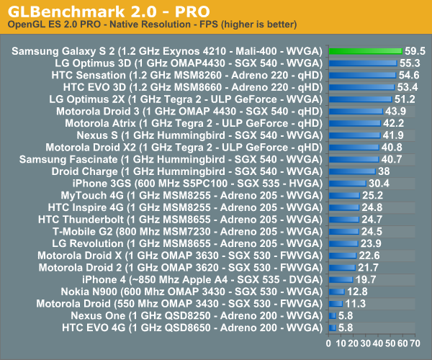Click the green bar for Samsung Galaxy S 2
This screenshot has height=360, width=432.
(365, 51)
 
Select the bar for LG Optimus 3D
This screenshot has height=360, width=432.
(363, 63)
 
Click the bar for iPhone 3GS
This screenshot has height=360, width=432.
(348, 183)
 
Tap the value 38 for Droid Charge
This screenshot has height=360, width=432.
(384, 171)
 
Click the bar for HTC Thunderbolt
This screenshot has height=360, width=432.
(344, 219)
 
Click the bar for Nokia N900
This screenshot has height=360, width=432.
(337, 292)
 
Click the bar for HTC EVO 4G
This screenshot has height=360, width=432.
(333, 328)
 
